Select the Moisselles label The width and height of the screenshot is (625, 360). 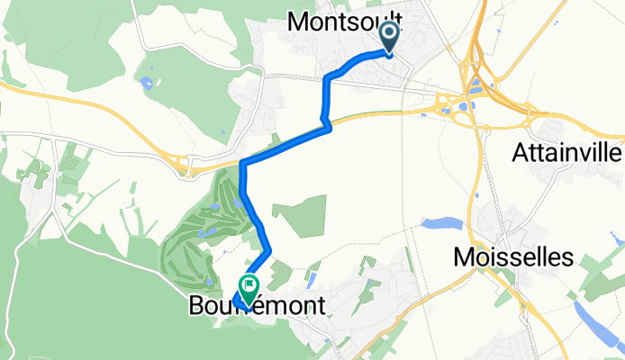[x=512, y=258]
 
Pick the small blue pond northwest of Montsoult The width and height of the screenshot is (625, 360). [x=144, y=84]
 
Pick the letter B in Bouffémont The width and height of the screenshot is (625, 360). [x=196, y=307]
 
